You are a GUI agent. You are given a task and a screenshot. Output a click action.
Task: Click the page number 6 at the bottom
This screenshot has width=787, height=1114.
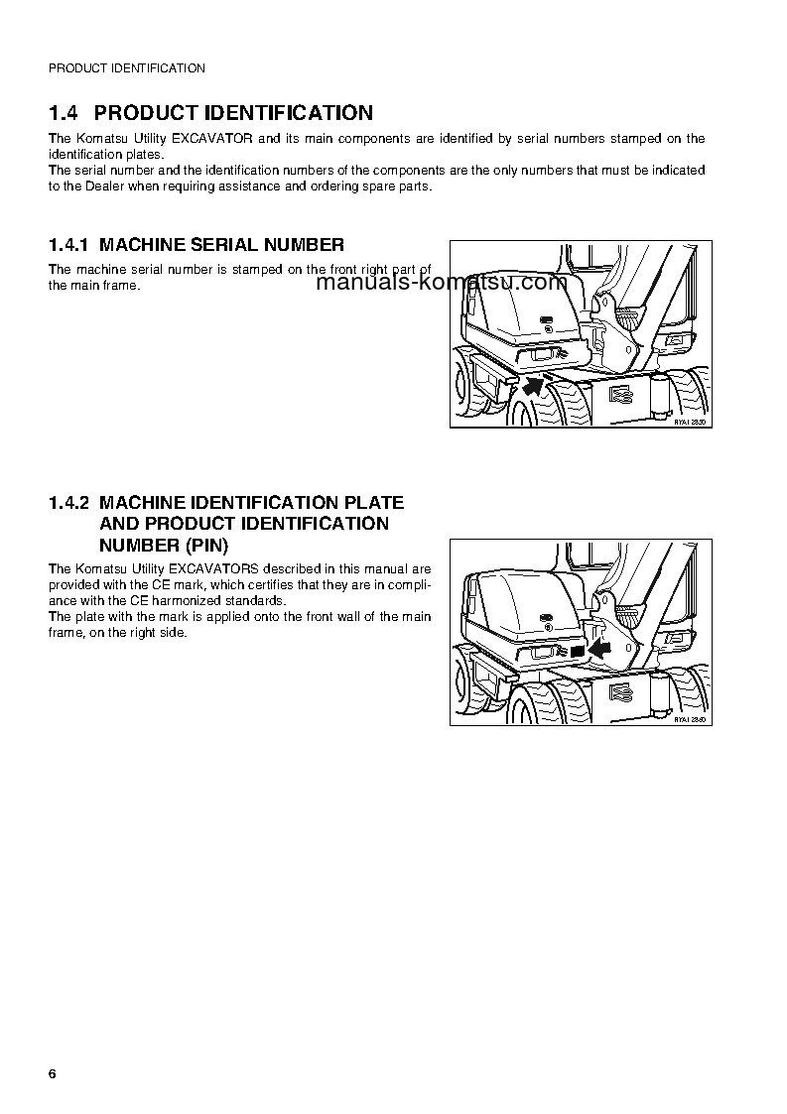coord(53,1076)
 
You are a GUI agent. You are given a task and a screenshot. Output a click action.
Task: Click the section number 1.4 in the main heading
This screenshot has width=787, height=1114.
coord(66,113)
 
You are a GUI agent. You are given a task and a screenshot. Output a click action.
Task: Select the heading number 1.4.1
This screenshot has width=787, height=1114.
coord(68,245)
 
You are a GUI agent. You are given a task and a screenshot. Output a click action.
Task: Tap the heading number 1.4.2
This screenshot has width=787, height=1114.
coord(68,503)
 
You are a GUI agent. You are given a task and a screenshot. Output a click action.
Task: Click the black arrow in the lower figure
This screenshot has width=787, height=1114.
coord(599,649)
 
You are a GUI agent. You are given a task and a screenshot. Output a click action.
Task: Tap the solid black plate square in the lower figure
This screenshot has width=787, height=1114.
coord(577,651)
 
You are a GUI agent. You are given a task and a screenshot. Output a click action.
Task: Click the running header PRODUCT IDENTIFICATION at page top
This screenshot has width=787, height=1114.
coord(127,68)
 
